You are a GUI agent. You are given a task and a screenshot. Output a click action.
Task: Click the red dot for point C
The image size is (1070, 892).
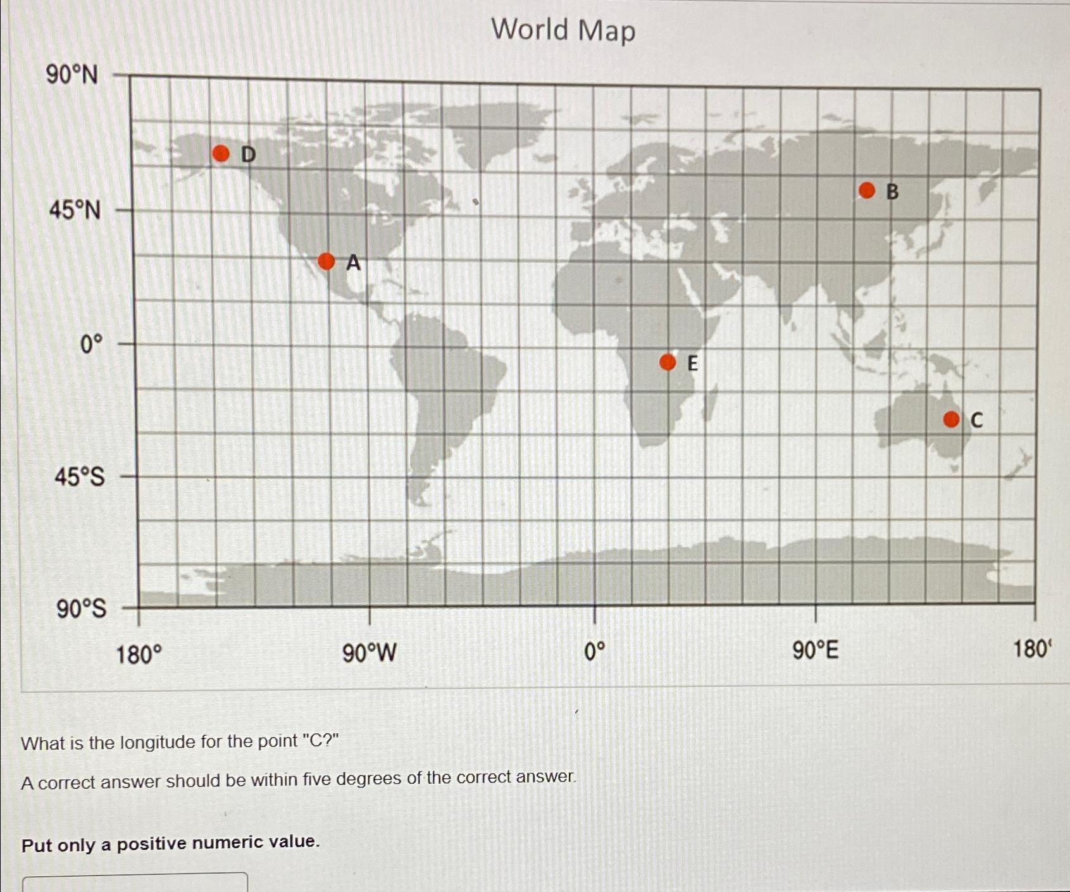[x=951, y=419]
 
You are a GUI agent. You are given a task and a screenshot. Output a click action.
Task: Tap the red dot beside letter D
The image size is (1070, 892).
[x=221, y=153]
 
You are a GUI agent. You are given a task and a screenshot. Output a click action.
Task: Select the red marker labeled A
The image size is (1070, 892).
[x=326, y=261]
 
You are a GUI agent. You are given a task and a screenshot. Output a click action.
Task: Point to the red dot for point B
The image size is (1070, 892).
[x=867, y=190]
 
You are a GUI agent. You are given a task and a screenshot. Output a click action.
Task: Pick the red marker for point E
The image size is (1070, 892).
[x=668, y=362]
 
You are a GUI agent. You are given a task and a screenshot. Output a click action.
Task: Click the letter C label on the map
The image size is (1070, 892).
[x=976, y=420]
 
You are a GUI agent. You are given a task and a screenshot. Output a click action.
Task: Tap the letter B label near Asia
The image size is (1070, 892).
[x=892, y=192]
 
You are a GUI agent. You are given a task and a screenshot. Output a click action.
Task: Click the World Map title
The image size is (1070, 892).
[x=563, y=30]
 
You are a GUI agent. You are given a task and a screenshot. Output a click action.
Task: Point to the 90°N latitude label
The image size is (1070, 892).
[x=72, y=75]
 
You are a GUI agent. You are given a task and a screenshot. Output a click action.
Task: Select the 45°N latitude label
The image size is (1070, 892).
[x=75, y=210]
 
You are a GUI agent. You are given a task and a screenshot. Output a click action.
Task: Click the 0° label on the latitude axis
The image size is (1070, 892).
[x=91, y=345]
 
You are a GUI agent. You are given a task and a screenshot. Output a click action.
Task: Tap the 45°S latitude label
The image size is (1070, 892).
[x=80, y=477]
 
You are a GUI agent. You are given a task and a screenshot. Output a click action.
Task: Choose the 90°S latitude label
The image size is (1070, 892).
[x=82, y=609]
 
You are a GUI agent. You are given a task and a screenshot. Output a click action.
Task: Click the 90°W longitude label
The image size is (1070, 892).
[x=370, y=652]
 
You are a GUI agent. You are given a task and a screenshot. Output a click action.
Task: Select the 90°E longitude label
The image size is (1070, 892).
[x=816, y=650]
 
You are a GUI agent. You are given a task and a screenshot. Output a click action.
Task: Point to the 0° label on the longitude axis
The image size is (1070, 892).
[x=595, y=651]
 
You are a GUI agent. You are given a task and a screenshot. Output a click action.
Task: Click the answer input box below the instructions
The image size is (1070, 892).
[x=135, y=883]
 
